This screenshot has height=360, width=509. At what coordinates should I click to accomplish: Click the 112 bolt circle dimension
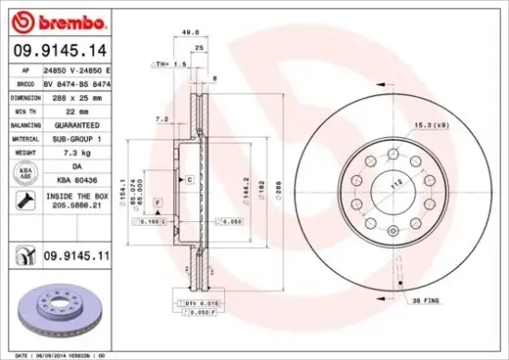391,183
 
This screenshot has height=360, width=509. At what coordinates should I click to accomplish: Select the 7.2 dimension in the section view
162,118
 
